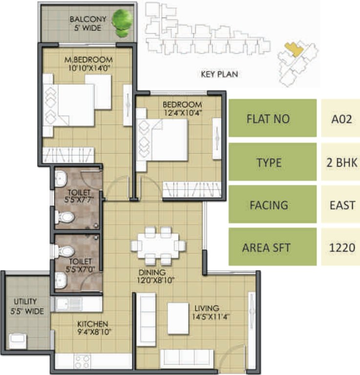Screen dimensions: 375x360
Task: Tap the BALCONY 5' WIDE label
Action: (x=85, y=24)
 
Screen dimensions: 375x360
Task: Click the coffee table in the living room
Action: (x=178, y=318)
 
